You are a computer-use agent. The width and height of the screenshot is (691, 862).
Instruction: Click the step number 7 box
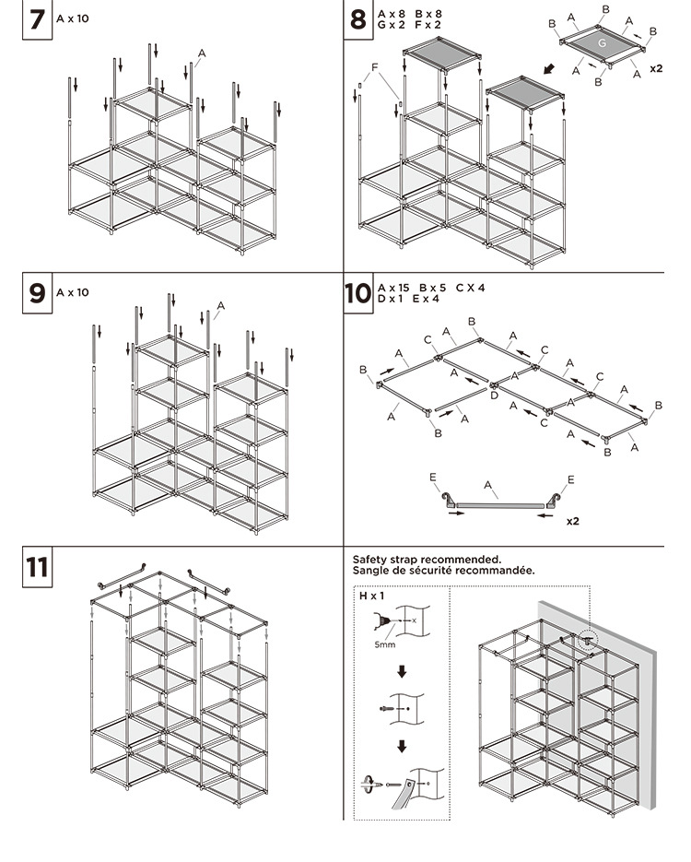click(36, 20)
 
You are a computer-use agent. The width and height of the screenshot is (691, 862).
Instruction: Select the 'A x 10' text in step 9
click(73, 292)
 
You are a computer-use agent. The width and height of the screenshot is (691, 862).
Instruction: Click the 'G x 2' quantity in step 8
click(392, 25)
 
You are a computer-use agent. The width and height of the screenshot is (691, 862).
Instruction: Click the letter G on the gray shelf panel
click(601, 43)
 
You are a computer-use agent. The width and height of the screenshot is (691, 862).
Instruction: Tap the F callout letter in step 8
click(374, 68)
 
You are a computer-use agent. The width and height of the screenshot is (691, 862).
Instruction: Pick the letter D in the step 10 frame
click(495, 395)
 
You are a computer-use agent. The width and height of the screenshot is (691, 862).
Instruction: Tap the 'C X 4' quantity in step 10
click(470, 288)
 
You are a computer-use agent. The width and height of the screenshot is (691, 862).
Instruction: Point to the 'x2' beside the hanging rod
click(572, 521)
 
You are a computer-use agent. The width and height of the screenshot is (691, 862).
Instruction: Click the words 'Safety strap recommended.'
click(427, 559)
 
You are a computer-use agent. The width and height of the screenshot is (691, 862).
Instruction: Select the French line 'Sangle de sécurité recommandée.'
click(443, 571)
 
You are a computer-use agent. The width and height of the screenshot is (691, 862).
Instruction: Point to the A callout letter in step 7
click(202, 54)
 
